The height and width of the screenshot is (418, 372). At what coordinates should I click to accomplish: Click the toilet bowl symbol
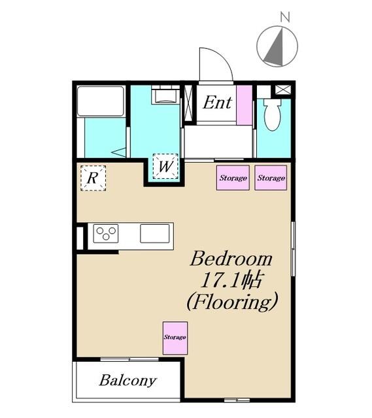272,115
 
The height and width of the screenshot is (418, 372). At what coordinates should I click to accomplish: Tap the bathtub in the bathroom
101,101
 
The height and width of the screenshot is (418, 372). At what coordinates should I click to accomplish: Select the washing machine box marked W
165,167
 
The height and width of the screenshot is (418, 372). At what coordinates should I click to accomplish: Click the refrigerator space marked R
93,178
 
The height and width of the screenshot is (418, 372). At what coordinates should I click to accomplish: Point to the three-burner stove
106,234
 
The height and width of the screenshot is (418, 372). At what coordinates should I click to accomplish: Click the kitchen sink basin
155,234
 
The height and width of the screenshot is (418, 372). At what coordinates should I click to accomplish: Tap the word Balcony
128,381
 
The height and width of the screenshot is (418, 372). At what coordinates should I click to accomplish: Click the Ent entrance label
217,103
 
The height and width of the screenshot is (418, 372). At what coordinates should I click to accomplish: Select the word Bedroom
231,259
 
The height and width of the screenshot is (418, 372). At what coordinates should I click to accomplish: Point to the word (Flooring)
232,302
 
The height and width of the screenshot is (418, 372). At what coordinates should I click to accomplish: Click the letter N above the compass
285,18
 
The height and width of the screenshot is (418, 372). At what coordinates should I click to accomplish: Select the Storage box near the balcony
175,338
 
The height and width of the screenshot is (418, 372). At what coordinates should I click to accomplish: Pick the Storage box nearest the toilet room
271,178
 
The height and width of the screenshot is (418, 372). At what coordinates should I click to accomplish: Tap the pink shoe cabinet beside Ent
244,105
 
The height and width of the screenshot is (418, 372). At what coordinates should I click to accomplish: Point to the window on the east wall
293,248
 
